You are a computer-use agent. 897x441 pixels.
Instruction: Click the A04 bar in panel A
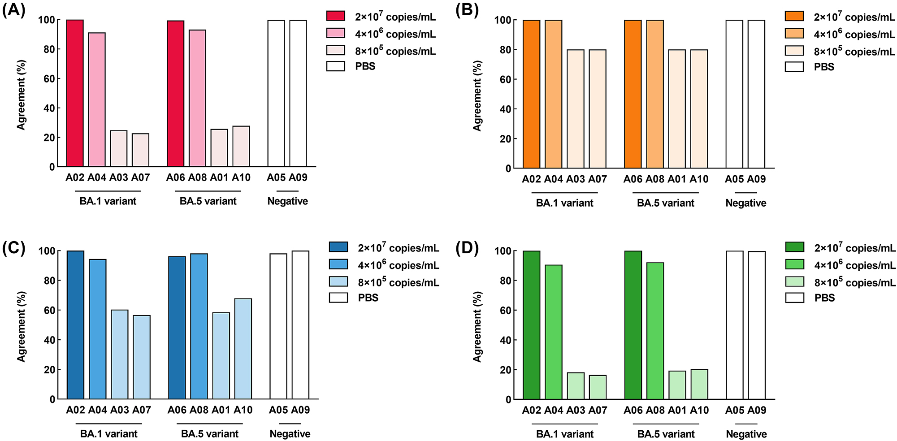[97, 99]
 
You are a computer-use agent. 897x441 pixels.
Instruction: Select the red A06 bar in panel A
[176, 94]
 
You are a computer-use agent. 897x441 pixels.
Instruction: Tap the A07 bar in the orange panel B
[598, 109]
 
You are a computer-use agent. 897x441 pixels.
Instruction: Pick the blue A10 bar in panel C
[243, 349]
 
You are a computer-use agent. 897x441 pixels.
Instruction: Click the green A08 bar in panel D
[655, 331]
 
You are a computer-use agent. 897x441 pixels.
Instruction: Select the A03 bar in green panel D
[576, 385]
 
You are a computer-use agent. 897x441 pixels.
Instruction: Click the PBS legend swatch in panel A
[336, 66]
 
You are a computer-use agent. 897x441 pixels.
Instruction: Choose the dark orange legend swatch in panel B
[794, 17]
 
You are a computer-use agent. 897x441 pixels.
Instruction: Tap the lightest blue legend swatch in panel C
[338, 282]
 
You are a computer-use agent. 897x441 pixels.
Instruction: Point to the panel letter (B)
[467, 10]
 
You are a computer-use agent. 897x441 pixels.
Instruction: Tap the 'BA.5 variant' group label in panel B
[665, 203]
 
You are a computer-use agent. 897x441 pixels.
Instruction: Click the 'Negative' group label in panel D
[746, 434]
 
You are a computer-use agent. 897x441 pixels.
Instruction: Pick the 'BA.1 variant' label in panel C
[108, 434]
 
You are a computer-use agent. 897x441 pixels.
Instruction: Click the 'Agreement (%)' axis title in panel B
[477, 96]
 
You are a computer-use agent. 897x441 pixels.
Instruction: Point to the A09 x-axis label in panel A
[298, 178]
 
